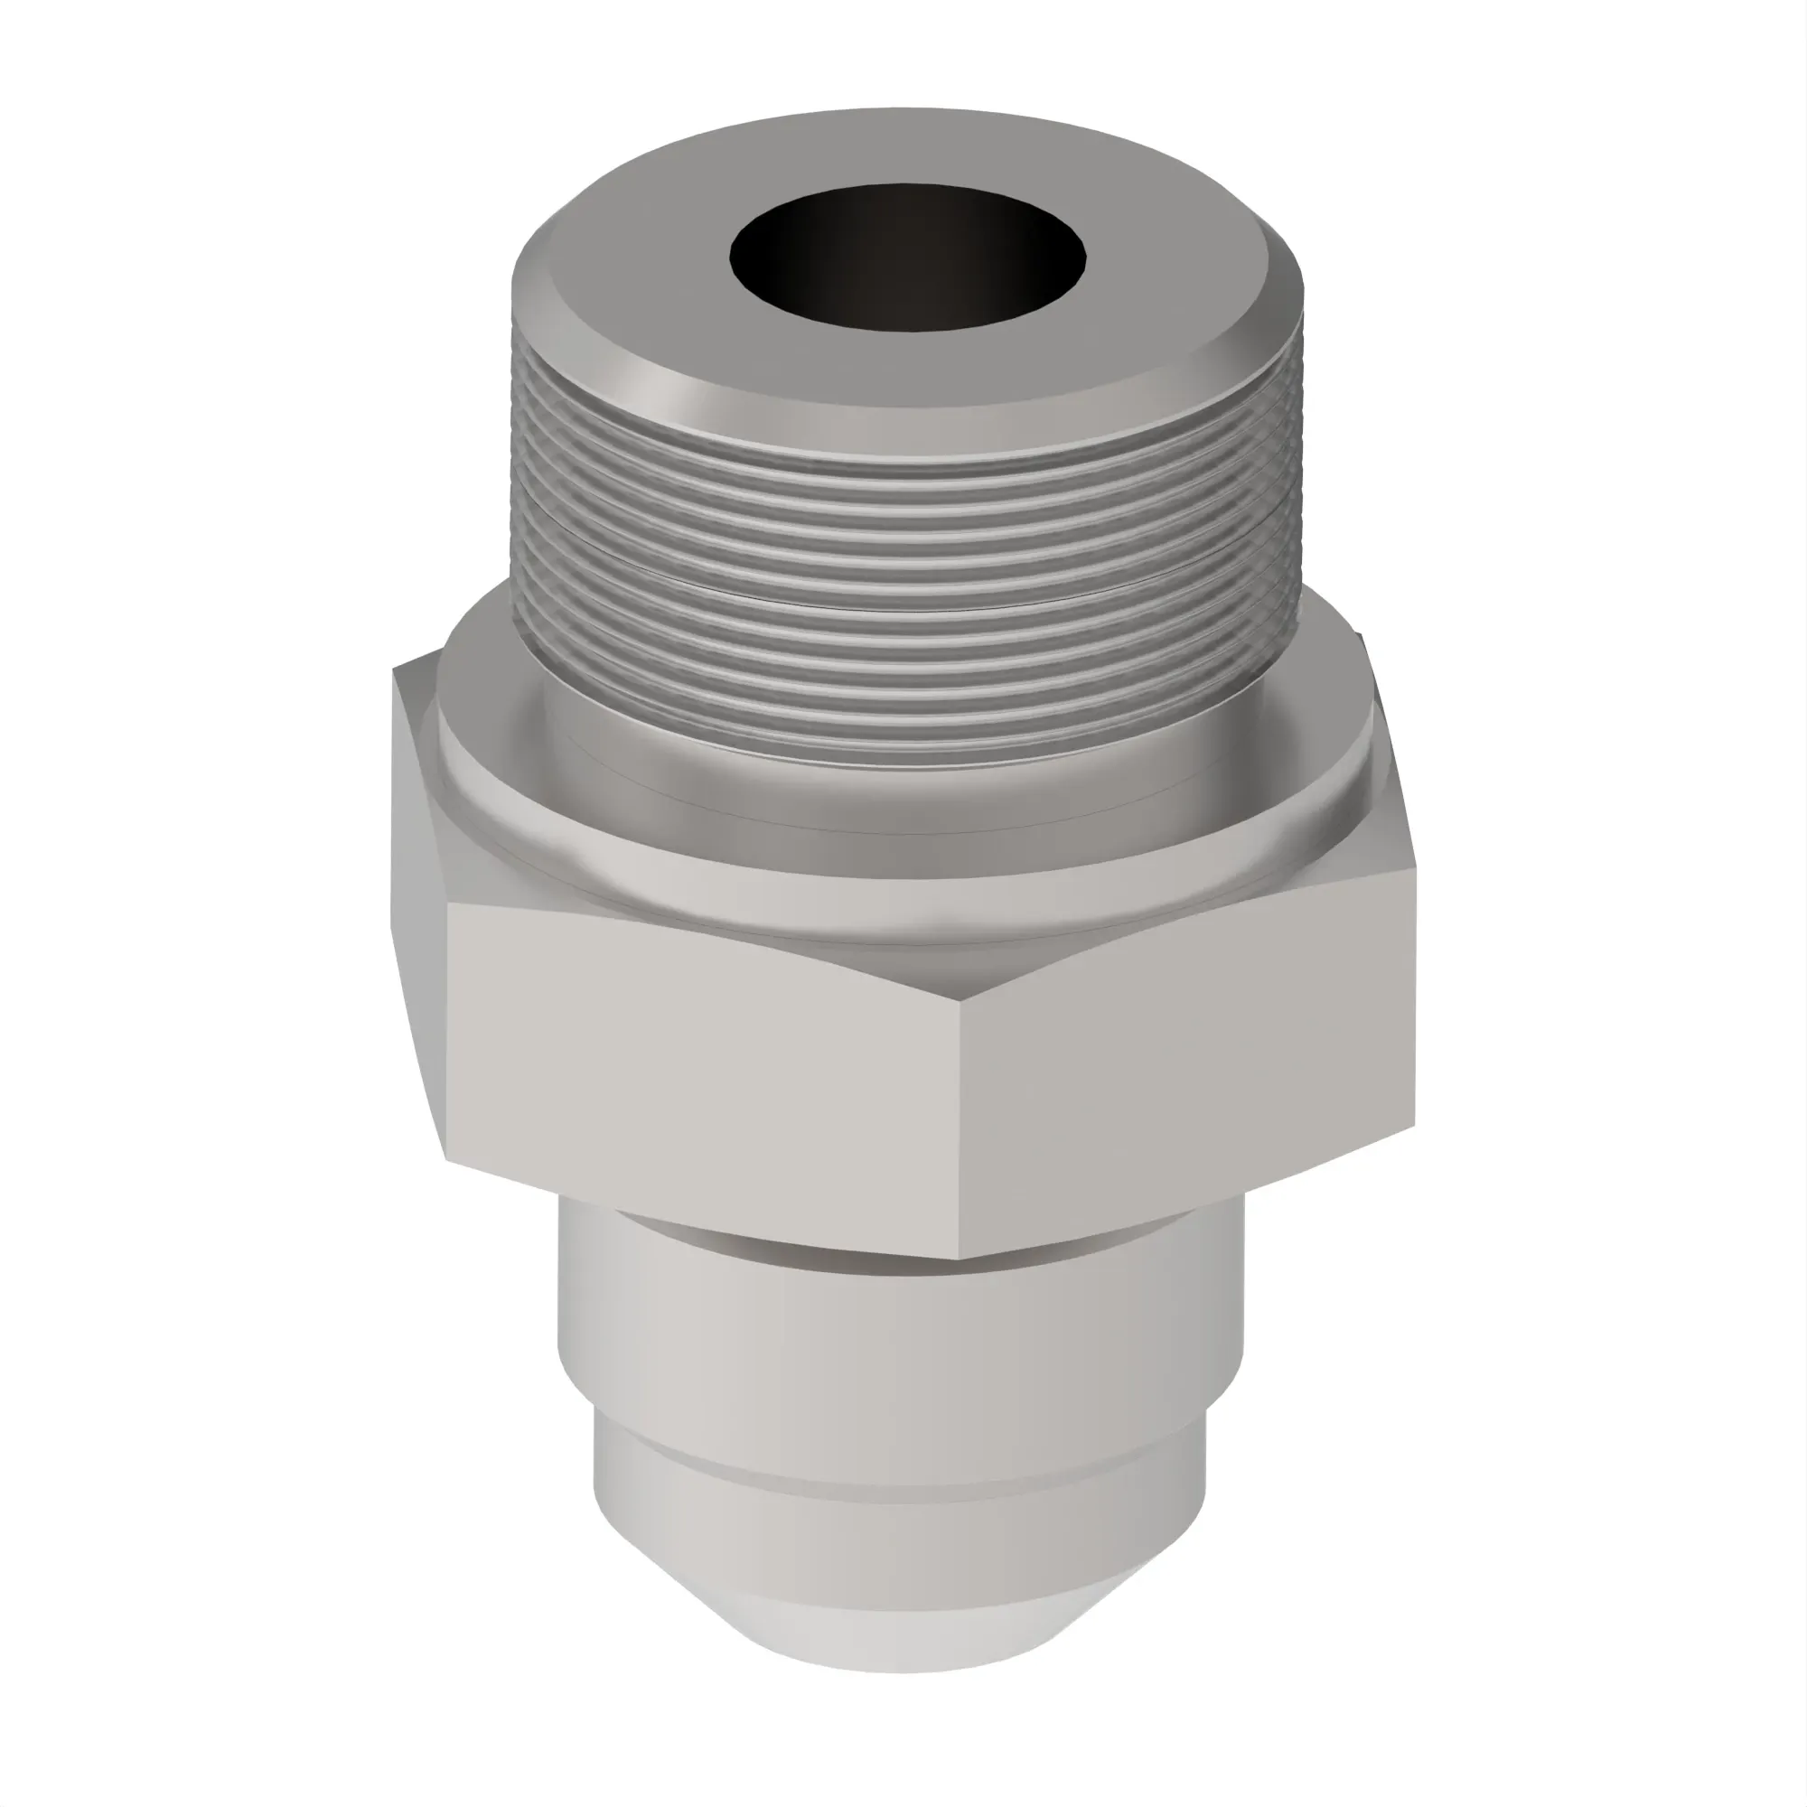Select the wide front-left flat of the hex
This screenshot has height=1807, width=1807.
[701, 1075]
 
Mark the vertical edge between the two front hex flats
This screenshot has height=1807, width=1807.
[961, 1122]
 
